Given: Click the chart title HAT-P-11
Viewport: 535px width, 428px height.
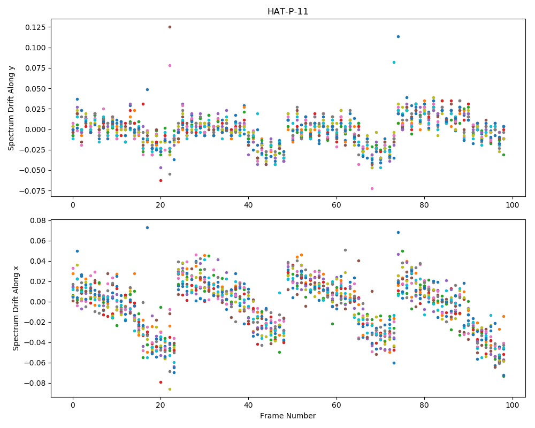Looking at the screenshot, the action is coord(288,12).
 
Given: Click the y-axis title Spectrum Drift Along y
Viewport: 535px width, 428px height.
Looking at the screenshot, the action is coord(11,108).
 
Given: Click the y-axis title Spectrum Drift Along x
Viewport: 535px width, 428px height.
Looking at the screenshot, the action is coord(16,308).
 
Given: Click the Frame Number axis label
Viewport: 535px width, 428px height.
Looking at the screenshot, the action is coord(288,416).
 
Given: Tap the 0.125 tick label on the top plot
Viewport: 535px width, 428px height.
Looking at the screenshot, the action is coord(35,27).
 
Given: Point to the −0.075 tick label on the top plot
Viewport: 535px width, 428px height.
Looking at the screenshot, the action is coord(33,191).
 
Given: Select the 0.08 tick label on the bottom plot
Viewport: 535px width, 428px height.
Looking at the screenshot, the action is coord(38,220).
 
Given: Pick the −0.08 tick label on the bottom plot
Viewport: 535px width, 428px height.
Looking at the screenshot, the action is coord(35,383).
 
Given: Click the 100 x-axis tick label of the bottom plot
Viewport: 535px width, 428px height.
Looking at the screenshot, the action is coord(512,406).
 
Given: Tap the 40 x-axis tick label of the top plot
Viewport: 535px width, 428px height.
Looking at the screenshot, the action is coord(248,205).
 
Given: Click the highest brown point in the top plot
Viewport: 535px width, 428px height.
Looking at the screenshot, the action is coord(170,27).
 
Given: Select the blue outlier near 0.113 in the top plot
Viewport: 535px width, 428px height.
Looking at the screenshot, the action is coord(398,36).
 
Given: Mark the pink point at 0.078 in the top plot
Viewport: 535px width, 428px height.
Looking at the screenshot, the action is coord(170,65).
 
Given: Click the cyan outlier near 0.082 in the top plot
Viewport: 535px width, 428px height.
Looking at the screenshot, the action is coord(394,63).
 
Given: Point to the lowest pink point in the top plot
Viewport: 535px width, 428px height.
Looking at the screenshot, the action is coord(372,188).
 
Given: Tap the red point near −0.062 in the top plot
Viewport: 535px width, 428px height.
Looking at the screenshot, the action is coord(160,180).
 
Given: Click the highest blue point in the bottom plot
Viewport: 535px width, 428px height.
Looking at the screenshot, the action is coord(148,228).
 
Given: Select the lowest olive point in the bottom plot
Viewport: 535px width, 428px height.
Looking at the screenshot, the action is coord(170,389).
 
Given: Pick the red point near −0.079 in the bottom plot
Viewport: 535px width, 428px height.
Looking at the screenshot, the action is coord(160,383).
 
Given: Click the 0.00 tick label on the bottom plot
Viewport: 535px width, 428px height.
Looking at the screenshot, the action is coord(38,302).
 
